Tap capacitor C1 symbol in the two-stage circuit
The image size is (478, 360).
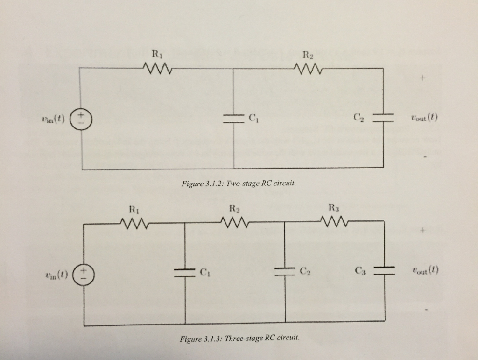point(233,118)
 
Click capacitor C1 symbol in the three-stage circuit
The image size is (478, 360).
point(184,272)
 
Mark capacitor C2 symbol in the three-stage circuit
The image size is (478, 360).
point(285,271)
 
